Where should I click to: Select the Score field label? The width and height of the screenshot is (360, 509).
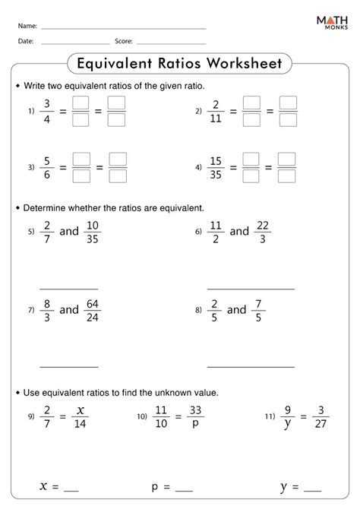[124, 41]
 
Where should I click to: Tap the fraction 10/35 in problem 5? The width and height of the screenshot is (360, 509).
[94, 231]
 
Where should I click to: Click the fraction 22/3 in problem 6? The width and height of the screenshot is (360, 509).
[263, 231]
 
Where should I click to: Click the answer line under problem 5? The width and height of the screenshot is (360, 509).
[69, 289]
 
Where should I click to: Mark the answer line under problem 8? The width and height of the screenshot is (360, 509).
[251, 367]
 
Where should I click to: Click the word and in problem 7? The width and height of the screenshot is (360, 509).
[69, 309]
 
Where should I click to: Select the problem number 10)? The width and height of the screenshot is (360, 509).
[142, 417]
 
